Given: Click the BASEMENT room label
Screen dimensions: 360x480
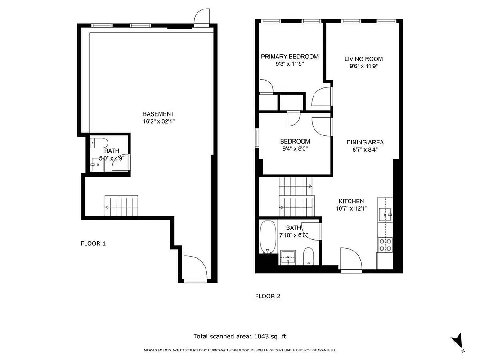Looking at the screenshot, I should tap(158, 114).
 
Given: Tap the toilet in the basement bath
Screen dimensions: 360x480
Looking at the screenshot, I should tap(98, 143).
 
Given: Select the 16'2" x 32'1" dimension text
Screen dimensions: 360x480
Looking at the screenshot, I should tap(158, 121).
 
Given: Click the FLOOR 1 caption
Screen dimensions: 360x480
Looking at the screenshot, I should tap(93, 243).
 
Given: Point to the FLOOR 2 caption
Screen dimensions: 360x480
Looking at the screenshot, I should tap(268, 296).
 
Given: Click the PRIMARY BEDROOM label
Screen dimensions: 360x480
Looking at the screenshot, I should tap(290, 57).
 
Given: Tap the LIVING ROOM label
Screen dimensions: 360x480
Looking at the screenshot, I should tap(363, 59).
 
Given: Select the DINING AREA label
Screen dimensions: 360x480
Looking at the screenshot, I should tap(365, 142).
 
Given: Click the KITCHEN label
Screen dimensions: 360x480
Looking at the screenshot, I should tap(351, 201).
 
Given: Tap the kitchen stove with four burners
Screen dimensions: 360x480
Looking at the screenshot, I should tap(385, 244).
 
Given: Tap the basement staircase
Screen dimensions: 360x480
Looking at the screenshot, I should tap(121, 206).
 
